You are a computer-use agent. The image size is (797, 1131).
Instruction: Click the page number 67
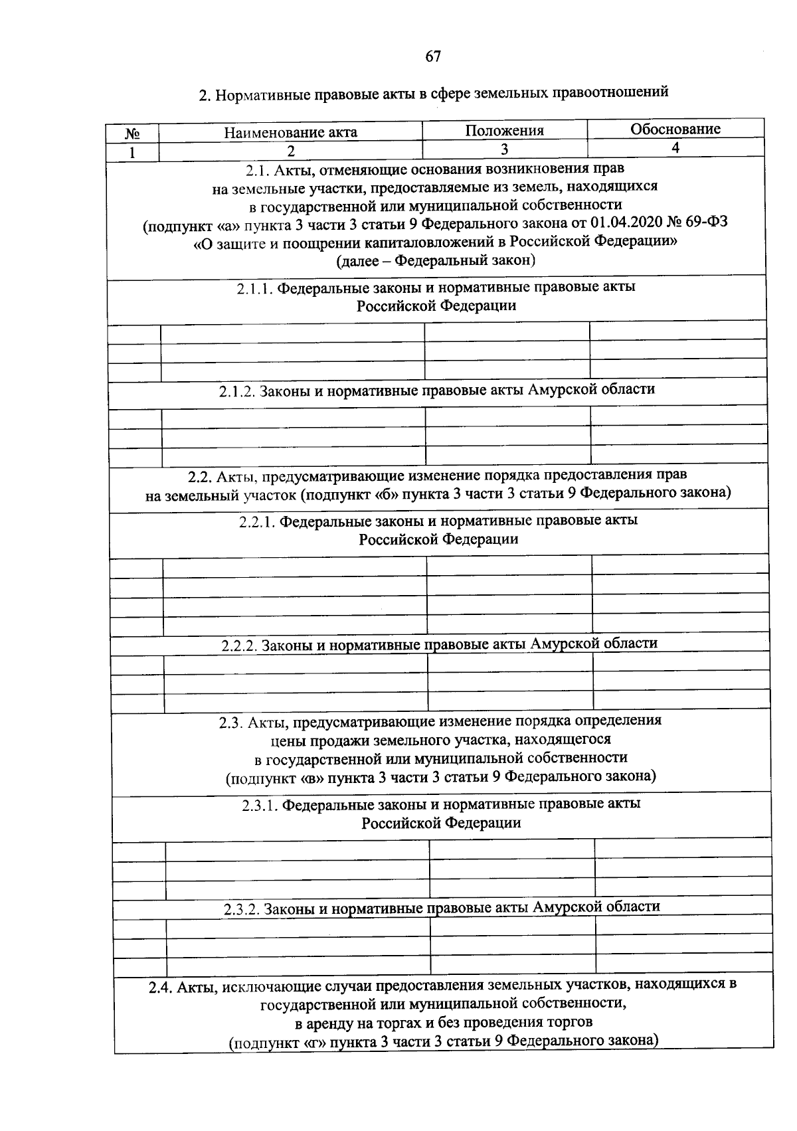click(433, 57)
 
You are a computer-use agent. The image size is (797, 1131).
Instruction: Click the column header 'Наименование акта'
click(290, 132)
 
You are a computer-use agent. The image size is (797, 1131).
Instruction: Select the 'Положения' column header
click(504, 131)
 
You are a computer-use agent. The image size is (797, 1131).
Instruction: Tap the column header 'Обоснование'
click(675, 129)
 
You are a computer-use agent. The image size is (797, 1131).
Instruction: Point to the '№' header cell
click(132, 133)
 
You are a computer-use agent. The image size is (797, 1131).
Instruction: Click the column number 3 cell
click(504, 149)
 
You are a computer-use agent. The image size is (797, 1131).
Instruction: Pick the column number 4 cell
click(675, 148)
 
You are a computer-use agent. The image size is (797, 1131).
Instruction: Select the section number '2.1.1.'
click(255, 288)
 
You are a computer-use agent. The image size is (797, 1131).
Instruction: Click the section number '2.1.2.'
click(237, 391)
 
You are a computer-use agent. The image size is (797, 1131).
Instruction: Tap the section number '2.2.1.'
click(258, 521)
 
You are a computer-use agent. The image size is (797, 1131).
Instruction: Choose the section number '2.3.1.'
click(260, 805)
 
